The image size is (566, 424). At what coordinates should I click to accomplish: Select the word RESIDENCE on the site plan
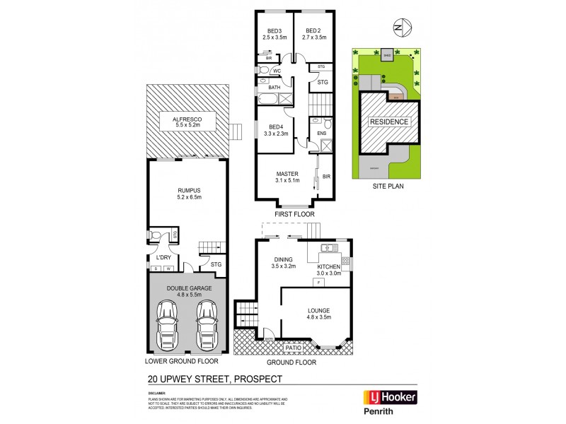(x=388, y=122)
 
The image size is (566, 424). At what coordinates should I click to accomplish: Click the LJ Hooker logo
(x=390, y=398)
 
